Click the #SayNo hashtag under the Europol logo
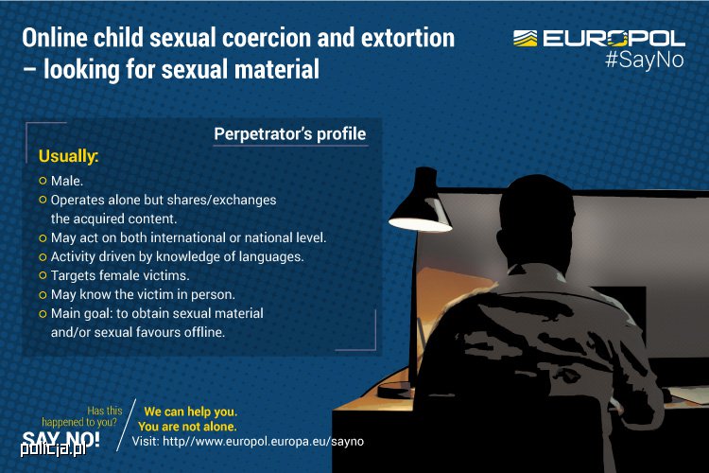(645, 61)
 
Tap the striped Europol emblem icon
(525, 38)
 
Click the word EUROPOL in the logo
(614, 38)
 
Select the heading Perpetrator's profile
(290, 134)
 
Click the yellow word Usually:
(68, 156)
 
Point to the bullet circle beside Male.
(43, 181)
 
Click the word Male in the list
(66, 181)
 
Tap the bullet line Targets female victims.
(120, 275)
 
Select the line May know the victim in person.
(143, 294)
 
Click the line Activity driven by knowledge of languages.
(177, 256)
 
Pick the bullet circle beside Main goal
(43, 313)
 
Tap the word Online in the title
(55, 38)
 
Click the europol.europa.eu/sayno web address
(263, 442)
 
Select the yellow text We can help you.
(190, 412)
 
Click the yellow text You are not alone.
(187, 427)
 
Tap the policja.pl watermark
(53, 448)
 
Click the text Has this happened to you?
(82, 416)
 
